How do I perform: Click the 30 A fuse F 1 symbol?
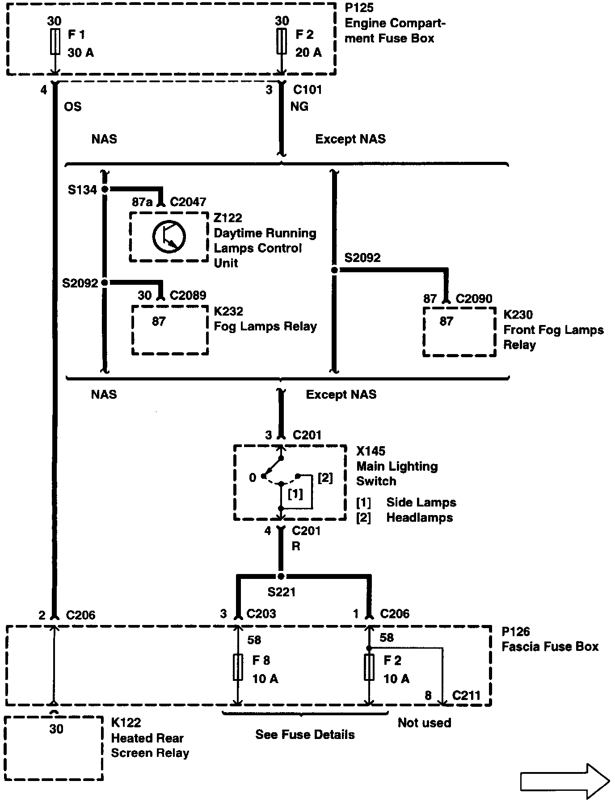55,42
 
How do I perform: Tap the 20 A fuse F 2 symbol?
282,42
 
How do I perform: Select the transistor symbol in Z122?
168,237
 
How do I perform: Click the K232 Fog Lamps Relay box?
170,330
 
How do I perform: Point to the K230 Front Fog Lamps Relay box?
459,332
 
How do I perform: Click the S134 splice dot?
105,189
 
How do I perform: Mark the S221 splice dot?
281,576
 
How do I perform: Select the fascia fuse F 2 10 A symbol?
369,667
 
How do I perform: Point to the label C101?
307,90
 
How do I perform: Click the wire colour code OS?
73,107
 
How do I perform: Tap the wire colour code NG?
299,107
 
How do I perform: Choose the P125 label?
359,8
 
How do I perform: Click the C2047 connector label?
188,202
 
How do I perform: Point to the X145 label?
371,451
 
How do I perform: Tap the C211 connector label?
466,696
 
